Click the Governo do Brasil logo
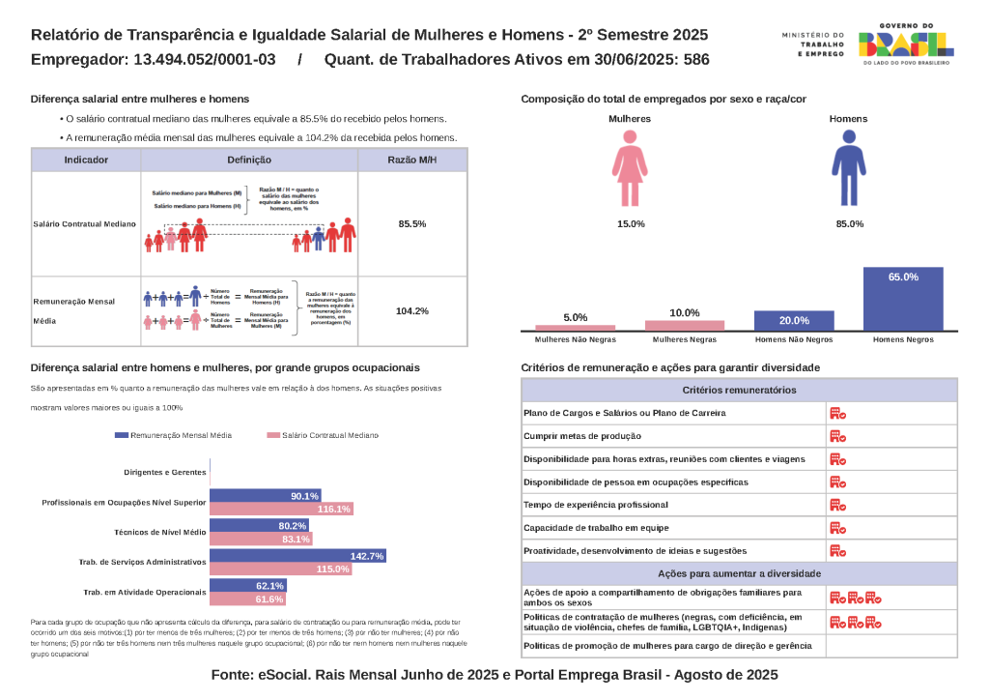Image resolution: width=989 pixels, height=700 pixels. pos(905,44)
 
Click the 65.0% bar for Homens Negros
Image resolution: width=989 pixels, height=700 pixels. pos(903,299)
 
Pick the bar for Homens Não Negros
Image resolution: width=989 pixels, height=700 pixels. pos(794,321)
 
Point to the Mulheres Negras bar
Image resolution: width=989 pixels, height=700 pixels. pos(684,326)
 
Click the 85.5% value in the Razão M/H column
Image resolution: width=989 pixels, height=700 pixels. pos(412,223)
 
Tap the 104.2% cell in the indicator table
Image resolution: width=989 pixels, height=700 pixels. pos(412,311)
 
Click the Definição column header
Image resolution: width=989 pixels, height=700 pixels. pos(249,160)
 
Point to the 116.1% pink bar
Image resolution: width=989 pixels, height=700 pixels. pos(281,509)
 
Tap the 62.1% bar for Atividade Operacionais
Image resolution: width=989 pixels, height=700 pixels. pos(247,586)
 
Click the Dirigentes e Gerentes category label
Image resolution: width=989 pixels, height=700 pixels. pos(165,473)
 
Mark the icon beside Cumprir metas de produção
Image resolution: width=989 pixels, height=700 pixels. pos(837,436)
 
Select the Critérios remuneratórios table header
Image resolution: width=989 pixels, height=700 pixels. pos(739,390)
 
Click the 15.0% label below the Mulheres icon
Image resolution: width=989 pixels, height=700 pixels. pos(631,224)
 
